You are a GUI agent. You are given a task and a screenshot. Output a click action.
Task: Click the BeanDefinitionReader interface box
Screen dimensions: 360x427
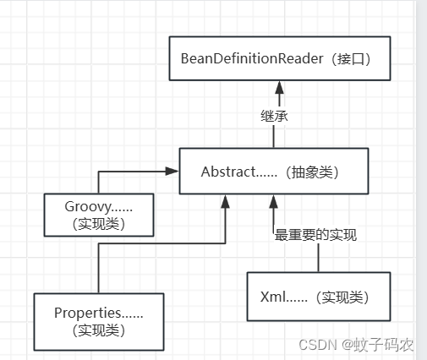point(278,58)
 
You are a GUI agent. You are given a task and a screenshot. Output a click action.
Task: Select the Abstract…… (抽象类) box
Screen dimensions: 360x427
point(273,172)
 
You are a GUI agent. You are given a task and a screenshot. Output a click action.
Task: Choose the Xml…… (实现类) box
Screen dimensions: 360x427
point(318,296)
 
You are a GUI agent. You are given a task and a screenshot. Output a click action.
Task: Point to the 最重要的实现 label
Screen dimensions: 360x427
point(315,235)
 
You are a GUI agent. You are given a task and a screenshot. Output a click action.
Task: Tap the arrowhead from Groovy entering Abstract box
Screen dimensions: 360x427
point(172,172)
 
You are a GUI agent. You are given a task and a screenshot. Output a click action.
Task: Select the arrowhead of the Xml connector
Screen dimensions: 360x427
point(272,201)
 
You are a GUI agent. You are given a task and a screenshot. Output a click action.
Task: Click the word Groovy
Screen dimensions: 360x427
point(85,205)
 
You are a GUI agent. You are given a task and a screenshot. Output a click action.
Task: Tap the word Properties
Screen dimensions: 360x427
point(85,312)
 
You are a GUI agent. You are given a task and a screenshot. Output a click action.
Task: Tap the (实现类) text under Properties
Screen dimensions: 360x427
point(98,329)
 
